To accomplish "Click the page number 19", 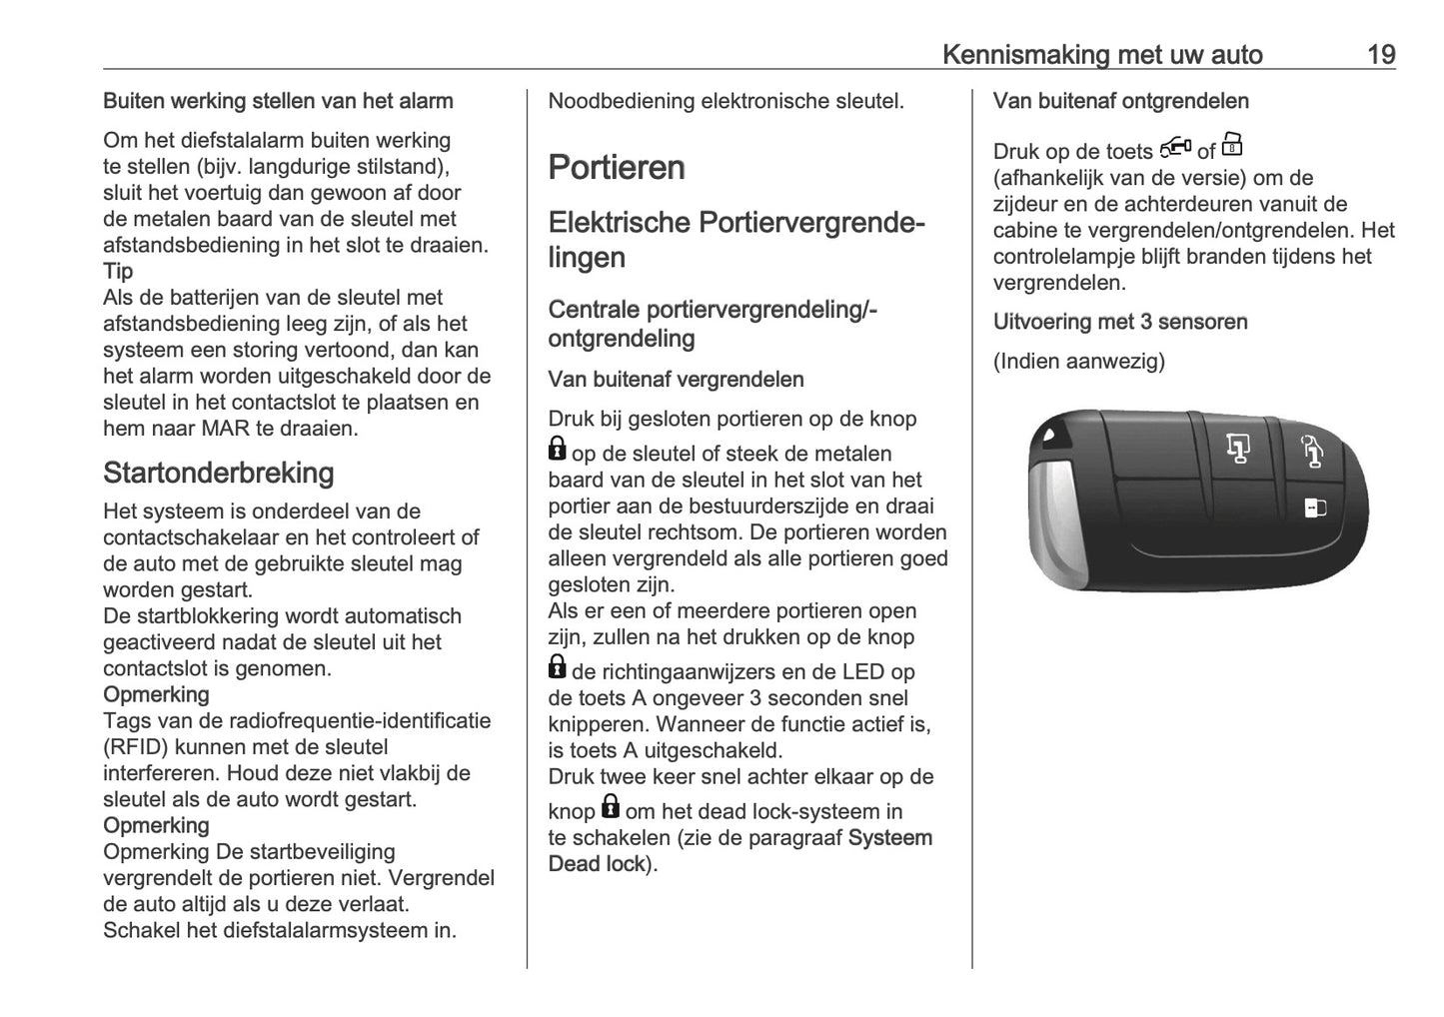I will pyautogui.click(x=1380, y=54).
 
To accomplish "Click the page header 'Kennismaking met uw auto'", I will pyautogui.click(x=1101, y=54).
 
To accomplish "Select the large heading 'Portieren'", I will pyautogui.click(x=617, y=167).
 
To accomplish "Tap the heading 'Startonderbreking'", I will pyautogui.click(x=218, y=473).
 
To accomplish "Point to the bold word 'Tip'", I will pyautogui.click(x=118, y=271).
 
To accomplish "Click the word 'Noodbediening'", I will pyautogui.click(x=621, y=101).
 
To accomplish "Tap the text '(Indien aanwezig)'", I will pyautogui.click(x=1078, y=361).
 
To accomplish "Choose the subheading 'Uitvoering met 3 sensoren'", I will pyautogui.click(x=1119, y=322).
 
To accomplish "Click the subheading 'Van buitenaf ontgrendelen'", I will pyautogui.click(x=1120, y=101).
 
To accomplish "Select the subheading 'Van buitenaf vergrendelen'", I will pyautogui.click(x=676, y=380).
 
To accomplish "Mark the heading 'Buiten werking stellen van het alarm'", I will pyautogui.click(x=278, y=101).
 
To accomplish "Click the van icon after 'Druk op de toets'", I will pyautogui.click(x=1175, y=149).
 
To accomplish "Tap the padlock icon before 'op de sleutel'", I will pyautogui.click(x=558, y=451).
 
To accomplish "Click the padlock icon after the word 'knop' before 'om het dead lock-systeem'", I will pyautogui.click(x=610, y=807).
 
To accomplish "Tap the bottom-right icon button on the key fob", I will pyautogui.click(x=1314, y=508).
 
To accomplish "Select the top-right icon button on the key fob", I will pyautogui.click(x=1312, y=452).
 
